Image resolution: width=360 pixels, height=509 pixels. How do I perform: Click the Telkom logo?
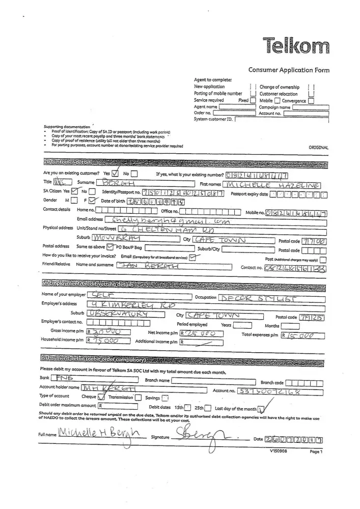tap(296, 46)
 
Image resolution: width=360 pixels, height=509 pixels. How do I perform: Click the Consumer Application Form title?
tap(289, 70)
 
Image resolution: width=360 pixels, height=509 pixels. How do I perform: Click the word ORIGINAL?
tap(318, 148)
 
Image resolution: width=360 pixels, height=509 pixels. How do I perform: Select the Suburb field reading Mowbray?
tap(127, 239)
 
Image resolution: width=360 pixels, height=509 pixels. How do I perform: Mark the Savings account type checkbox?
tap(164, 398)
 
